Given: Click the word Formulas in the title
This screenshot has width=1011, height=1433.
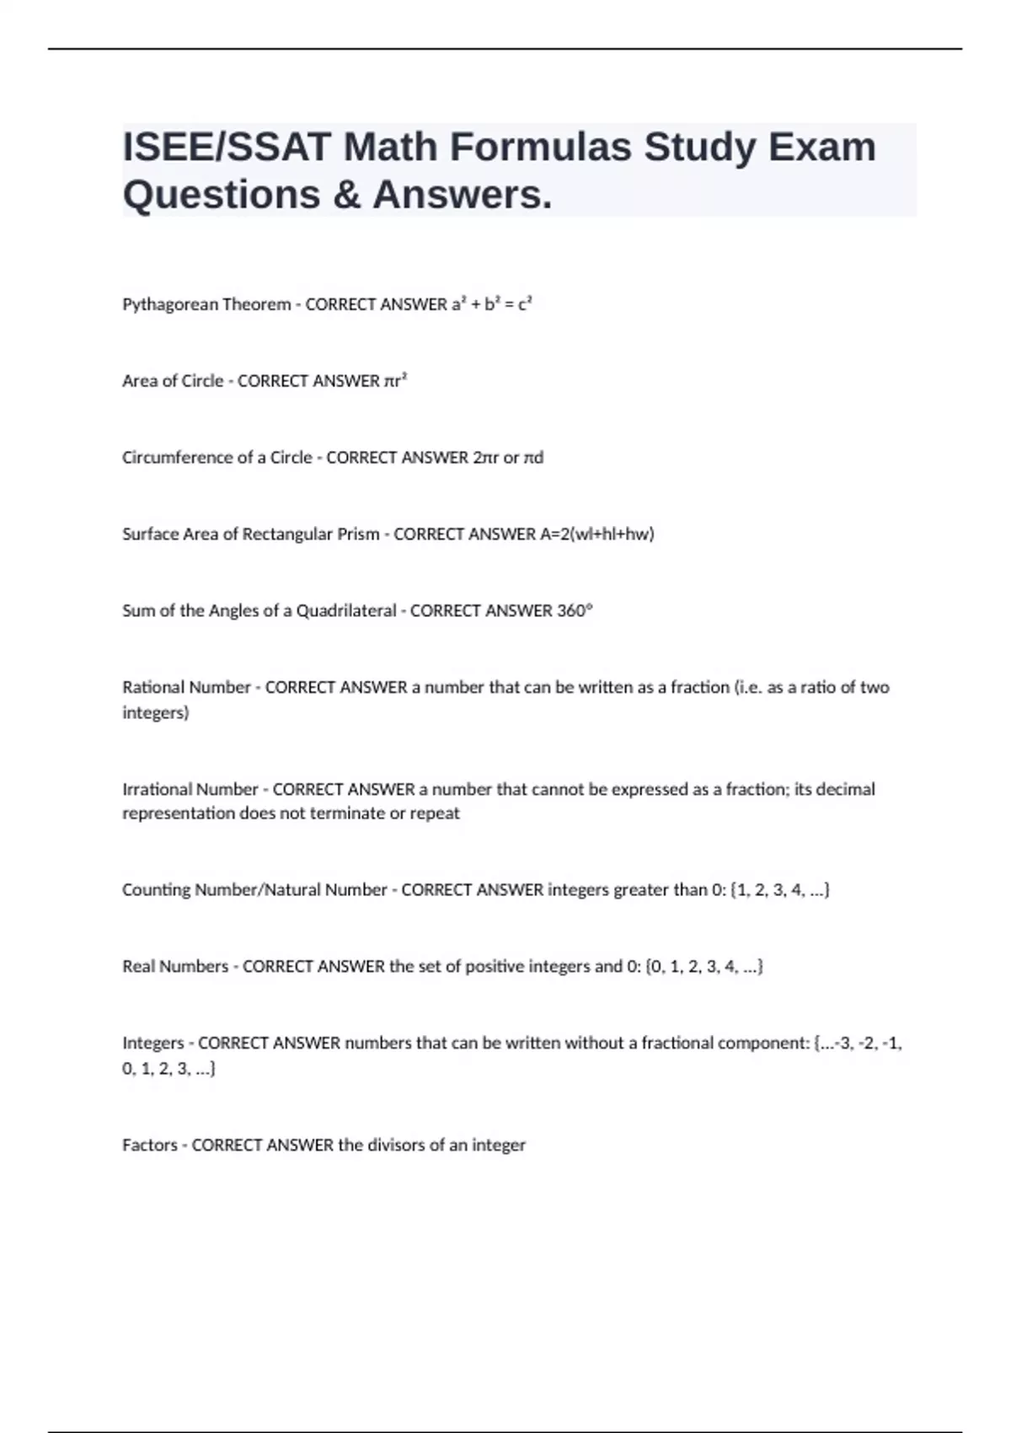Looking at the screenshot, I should [541, 147].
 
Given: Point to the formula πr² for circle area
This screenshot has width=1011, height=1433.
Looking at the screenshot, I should [395, 381].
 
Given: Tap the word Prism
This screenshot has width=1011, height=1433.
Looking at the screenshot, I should [358, 534].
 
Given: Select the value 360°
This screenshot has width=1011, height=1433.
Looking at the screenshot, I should [575, 611].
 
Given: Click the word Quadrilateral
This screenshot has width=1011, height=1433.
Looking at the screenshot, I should [345, 611].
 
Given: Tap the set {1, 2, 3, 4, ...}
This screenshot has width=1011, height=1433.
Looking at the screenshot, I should [780, 890].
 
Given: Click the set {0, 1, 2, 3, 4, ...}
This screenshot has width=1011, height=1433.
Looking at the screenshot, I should [704, 967].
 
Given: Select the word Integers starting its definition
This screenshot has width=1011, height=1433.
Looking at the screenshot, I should [152, 1044].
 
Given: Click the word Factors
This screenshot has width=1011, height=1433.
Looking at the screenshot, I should [149, 1146].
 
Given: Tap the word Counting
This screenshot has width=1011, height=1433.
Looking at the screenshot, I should [157, 890].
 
